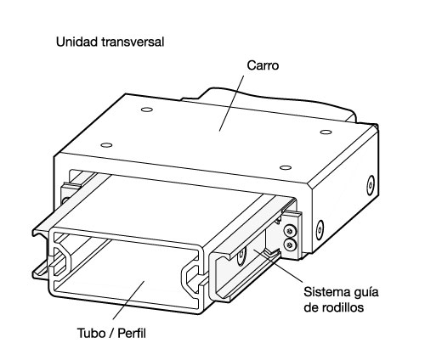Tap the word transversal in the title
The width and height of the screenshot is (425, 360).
coord(133,42)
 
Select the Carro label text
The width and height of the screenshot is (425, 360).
coord(263,65)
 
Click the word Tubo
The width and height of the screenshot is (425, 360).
coord(91,333)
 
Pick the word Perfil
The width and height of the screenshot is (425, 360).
coord(132,333)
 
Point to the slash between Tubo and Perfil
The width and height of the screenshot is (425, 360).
coord(110,334)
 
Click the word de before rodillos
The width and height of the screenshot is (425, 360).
coord(311,307)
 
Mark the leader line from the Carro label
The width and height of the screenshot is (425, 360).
coord(231,104)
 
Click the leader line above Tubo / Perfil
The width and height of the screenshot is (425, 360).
coord(128,301)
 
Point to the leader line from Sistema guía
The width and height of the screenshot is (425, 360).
coord(278,266)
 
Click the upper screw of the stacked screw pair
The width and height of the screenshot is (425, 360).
coord(289,230)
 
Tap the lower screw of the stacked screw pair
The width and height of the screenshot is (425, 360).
coord(289,245)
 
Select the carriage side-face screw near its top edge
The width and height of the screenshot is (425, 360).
coord(371,185)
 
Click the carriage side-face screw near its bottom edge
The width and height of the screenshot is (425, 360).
coord(320,230)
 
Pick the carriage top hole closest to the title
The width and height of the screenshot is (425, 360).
coord(147,110)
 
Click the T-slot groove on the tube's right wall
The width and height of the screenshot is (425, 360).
coord(192,278)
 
